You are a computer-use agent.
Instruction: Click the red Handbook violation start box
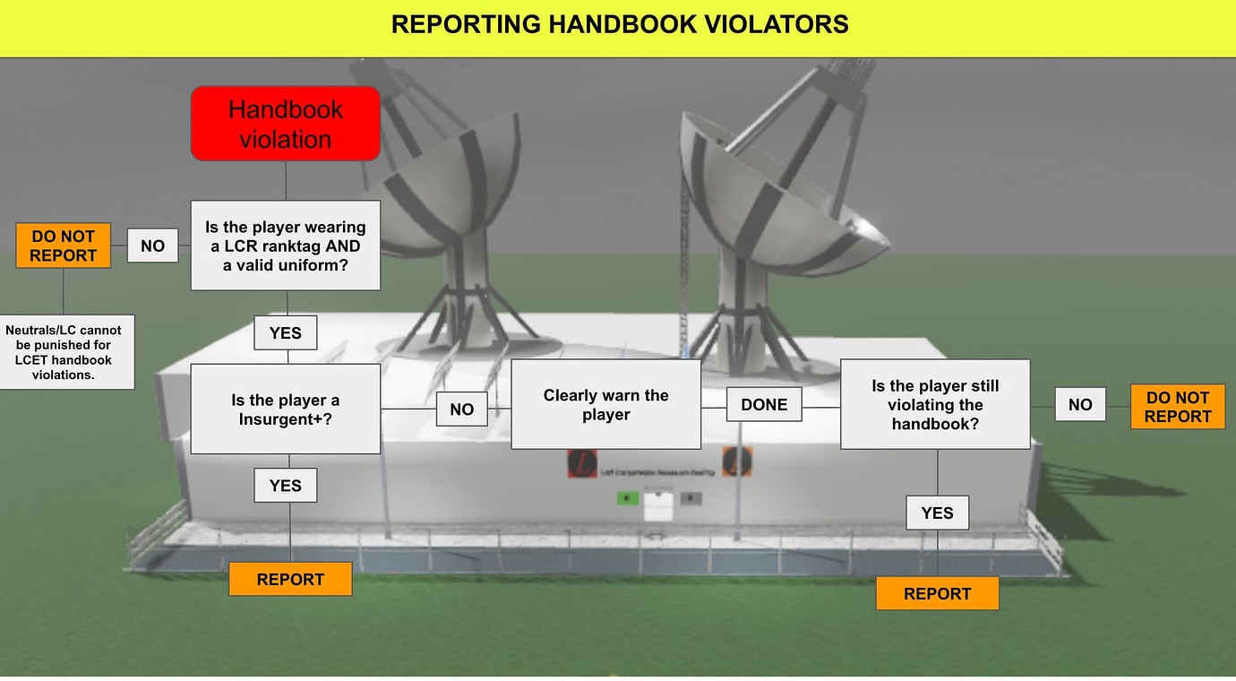pos(286,124)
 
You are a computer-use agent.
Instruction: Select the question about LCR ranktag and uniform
pos(286,246)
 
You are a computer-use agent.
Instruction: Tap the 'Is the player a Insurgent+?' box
pos(286,409)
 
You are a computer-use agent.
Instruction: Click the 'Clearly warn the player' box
pos(605,404)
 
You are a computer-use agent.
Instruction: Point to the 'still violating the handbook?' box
pos(935,404)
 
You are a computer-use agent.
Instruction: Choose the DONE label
pos(764,404)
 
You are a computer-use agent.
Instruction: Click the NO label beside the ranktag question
pos(152,246)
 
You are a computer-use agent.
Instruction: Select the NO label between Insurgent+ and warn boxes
pos(461,409)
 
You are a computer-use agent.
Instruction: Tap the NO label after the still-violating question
pos(1080,404)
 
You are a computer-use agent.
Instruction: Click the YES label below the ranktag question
pos(286,332)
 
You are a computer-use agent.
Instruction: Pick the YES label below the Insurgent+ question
pos(286,485)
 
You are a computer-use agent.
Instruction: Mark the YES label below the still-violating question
pos(937,513)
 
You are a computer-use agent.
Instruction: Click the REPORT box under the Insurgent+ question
pos(290,579)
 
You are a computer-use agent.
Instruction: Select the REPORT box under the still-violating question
pos(937,593)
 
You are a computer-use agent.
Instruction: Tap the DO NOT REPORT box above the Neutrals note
pos(63,246)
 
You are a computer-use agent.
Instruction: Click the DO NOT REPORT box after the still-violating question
pos(1177,406)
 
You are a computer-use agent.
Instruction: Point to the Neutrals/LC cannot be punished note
pos(64,352)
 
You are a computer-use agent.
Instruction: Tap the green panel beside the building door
pos(628,498)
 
